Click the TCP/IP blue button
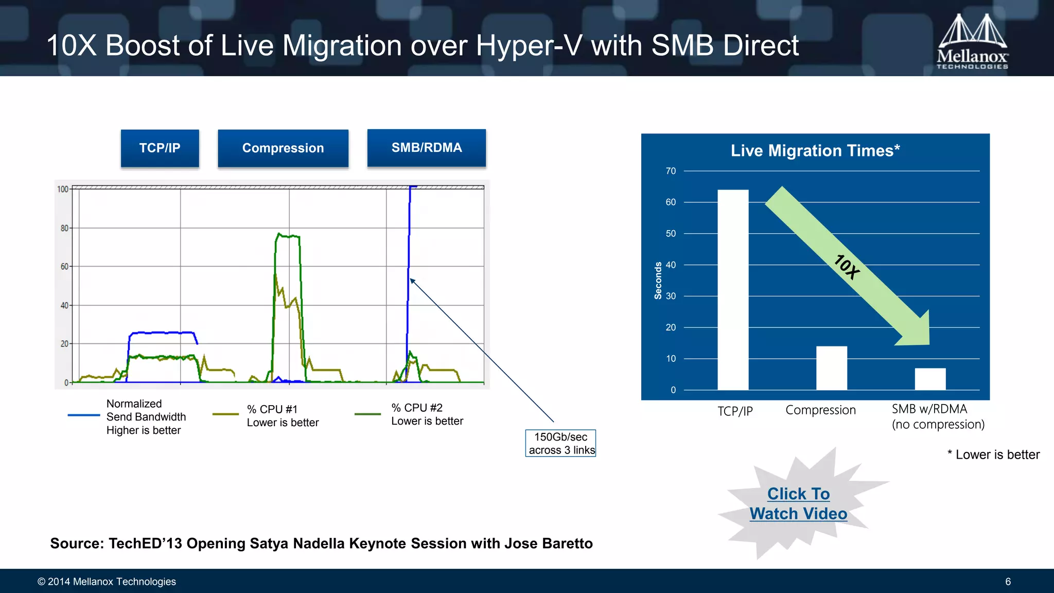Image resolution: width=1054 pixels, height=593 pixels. tap(160, 148)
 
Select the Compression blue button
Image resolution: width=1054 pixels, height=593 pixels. tap(283, 148)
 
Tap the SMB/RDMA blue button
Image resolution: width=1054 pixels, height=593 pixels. tap(427, 148)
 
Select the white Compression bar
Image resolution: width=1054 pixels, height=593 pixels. tap(831, 368)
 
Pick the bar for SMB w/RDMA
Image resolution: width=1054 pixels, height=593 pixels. tap(930, 379)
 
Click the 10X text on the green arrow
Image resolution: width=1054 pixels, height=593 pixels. tap(847, 267)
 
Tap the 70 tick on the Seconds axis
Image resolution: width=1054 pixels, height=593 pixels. tap(671, 171)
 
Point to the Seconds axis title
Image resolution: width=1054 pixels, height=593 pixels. tap(658, 281)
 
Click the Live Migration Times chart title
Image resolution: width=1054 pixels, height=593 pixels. tap(815, 151)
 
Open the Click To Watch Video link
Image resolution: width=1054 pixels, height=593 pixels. tap(798, 503)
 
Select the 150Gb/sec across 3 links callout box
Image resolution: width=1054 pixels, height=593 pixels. tap(560, 443)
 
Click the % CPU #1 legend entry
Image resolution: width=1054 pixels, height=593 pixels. tap(282, 415)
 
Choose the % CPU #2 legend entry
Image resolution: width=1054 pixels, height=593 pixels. tap(427, 414)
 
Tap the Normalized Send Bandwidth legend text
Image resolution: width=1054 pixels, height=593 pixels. tap(146, 417)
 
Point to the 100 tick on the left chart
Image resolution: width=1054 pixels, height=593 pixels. tap(62, 189)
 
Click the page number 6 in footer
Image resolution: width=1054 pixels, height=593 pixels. tap(1008, 582)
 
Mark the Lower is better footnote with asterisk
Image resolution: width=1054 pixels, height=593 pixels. tap(993, 455)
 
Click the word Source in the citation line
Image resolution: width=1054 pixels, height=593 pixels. tap(77, 544)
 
